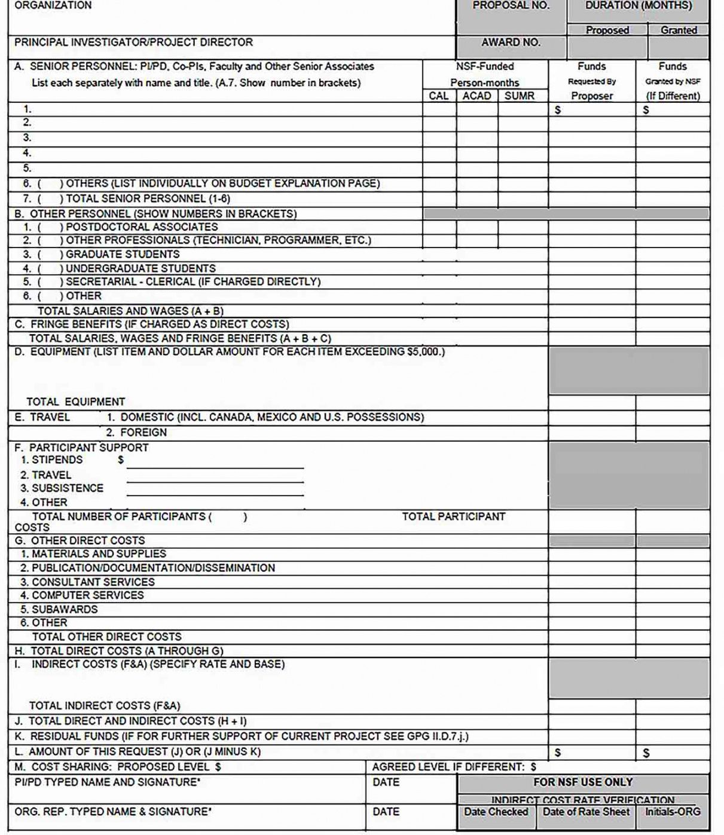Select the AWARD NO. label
511,42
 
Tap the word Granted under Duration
679,30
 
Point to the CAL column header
439,96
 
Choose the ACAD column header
476,96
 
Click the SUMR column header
519,96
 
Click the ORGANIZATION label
53,5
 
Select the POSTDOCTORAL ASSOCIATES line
141,227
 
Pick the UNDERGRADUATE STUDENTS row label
140,268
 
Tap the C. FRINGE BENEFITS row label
152,325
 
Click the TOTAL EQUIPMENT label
76,402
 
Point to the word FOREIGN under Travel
143,432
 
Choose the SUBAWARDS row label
64,609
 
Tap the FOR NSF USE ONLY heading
583,782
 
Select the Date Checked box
496,812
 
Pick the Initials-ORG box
673,812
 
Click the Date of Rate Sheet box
586,812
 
